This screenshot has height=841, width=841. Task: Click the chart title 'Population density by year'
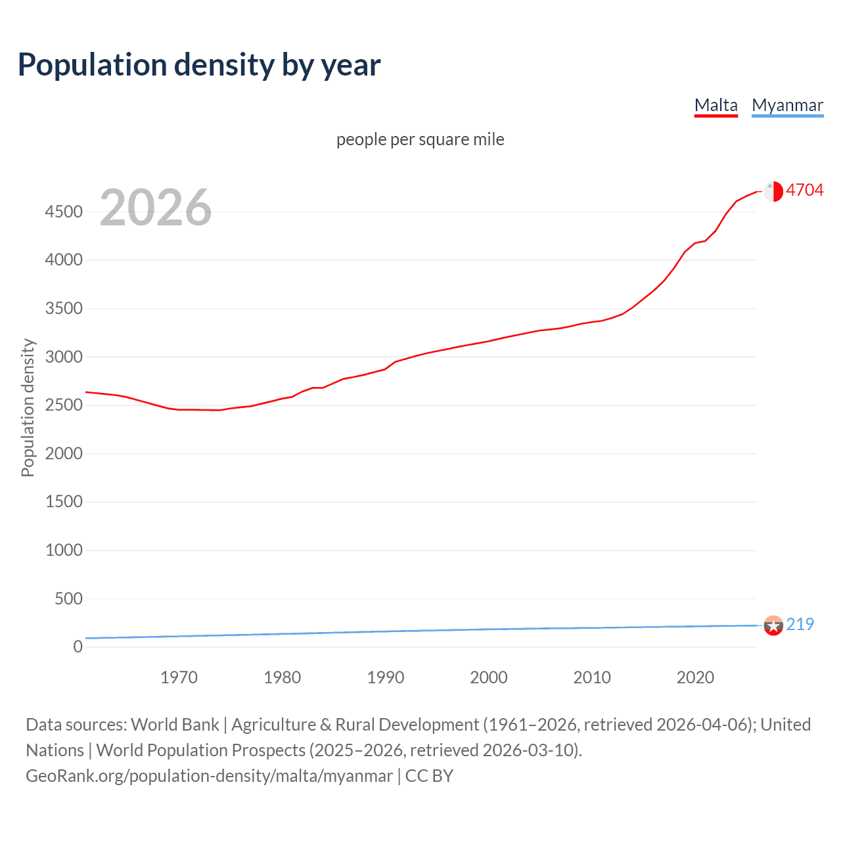click(x=199, y=65)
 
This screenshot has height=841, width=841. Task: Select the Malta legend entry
click(x=716, y=105)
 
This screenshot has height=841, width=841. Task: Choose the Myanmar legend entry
click(x=787, y=105)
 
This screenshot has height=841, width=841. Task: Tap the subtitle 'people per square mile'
click(x=420, y=140)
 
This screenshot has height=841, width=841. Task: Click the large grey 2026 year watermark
click(x=156, y=208)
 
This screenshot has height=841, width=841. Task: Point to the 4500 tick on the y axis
click(x=64, y=212)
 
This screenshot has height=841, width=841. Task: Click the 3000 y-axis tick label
click(x=64, y=357)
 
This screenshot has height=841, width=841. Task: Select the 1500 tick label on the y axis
click(x=64, y=502)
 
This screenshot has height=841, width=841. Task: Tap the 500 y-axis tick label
click(x=68, y=599)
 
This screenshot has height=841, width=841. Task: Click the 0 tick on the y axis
click(x=78, y=647)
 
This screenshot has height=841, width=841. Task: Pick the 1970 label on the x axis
click(x=179, y=677)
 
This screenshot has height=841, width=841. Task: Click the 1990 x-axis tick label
click(x=386, y=677)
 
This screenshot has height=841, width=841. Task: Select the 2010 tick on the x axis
click(x=592, y=677)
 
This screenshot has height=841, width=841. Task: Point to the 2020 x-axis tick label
click(x=695, y=677)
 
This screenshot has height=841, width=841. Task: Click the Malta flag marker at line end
click(x=773, y=191)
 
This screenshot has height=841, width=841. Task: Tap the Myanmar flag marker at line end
click(x=773, y=625)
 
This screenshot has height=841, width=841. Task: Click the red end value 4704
click(x=804, y=191)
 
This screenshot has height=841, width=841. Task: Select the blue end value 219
click(x=800, y=624)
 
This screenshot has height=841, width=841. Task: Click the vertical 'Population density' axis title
click(x=28, y=407)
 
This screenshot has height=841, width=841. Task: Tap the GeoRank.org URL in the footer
click(x=209, y=776)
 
